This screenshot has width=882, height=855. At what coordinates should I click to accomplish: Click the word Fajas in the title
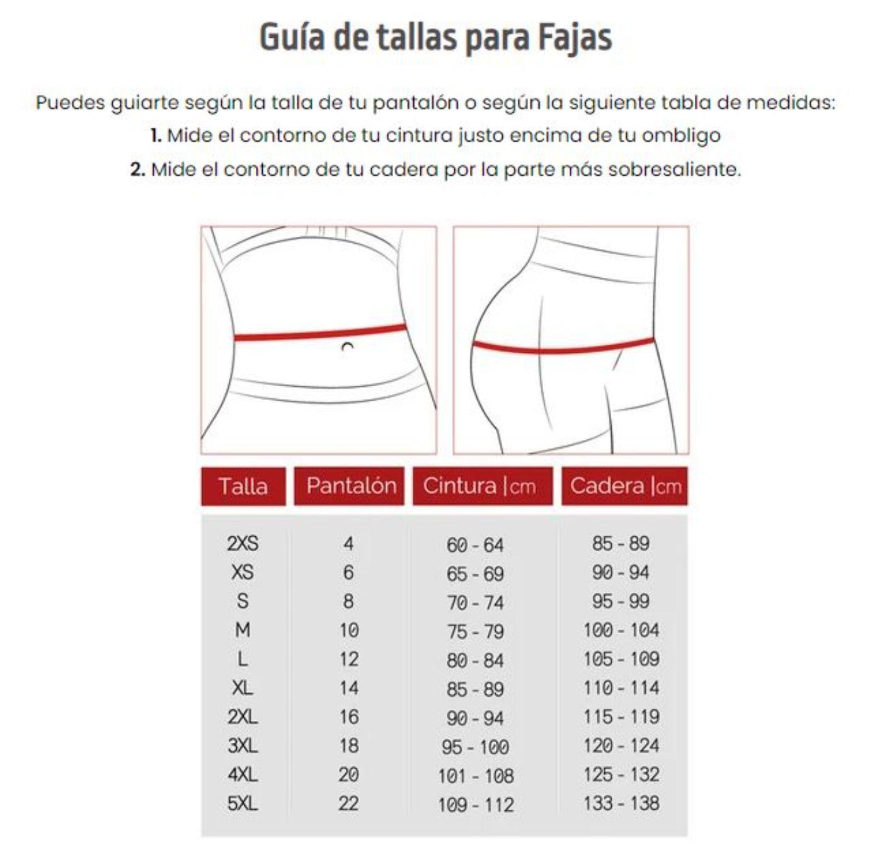click(574, 38)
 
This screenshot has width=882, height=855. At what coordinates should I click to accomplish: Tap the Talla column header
click(243, 486)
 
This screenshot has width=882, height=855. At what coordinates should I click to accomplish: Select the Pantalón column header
click(351, 485)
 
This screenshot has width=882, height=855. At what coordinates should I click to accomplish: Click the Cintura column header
click(479, 485)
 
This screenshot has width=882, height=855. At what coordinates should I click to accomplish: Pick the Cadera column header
click(625, 485)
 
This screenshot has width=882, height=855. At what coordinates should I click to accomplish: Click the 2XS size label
click(243, 543)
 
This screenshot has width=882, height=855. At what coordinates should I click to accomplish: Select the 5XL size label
click(243, 803)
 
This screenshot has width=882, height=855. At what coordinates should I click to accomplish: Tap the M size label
click(243, 629)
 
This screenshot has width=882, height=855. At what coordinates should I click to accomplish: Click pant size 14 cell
click(348, 687)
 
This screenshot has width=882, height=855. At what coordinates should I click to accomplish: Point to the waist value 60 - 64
click(475, 545)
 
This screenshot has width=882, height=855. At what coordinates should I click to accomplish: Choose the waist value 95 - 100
click(475, 747)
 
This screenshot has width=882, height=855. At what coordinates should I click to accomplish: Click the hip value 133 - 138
click(621, 803)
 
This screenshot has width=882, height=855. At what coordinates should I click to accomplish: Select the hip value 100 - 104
click(621, 629)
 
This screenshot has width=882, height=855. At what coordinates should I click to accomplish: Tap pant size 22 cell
click(348, 803)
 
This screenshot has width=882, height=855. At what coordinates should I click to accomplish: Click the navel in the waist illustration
click(347, 346)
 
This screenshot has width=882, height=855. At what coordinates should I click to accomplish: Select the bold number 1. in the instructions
click(156, 135)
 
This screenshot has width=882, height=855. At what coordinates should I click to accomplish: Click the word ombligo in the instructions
click(681, 135)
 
